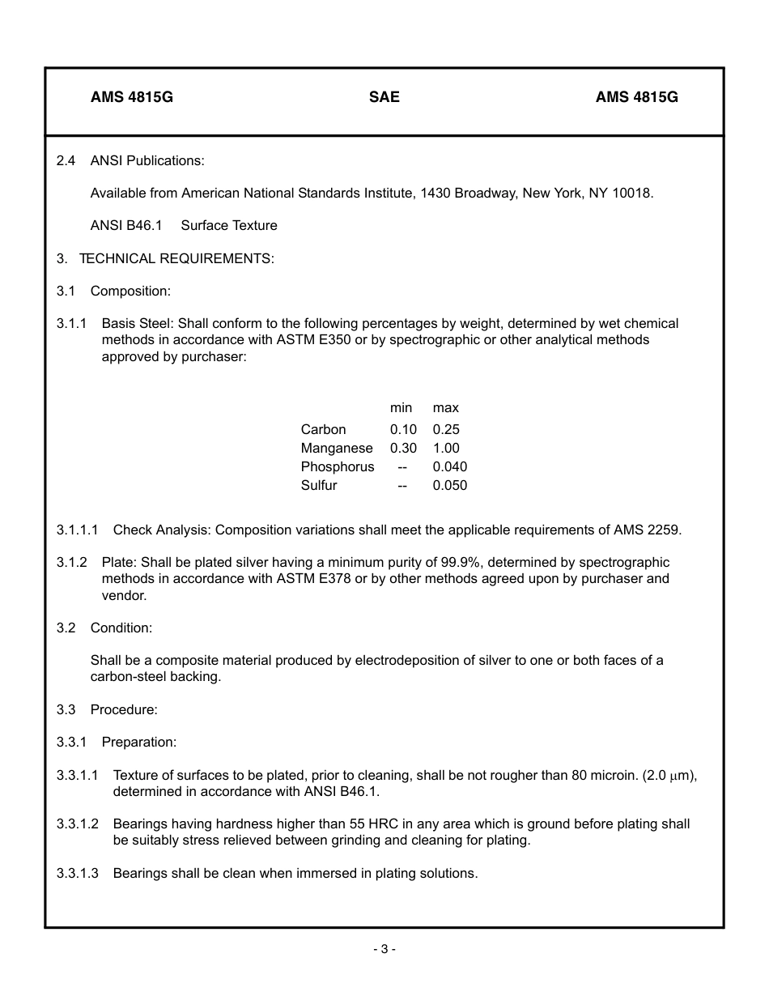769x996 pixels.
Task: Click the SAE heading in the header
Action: coord(384,97)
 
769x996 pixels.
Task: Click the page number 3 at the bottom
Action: coord(384,949)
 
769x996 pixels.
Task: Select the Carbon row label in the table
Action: coord(323,429)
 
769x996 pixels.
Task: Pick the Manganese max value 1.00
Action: coord(445,448)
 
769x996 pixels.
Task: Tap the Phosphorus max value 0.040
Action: coord(449,466)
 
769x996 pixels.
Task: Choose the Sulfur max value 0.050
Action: coord(449,485)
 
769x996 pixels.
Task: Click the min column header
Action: coord(401,407)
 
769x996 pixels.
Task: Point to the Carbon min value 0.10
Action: coord(403,429)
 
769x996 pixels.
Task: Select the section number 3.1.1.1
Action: coord(78,530)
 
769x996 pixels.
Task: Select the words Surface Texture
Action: coord(229,225)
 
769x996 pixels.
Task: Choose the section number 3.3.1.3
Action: coord(78,873)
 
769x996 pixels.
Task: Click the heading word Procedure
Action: coord(124,709)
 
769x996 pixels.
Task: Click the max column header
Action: coord(445,407)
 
